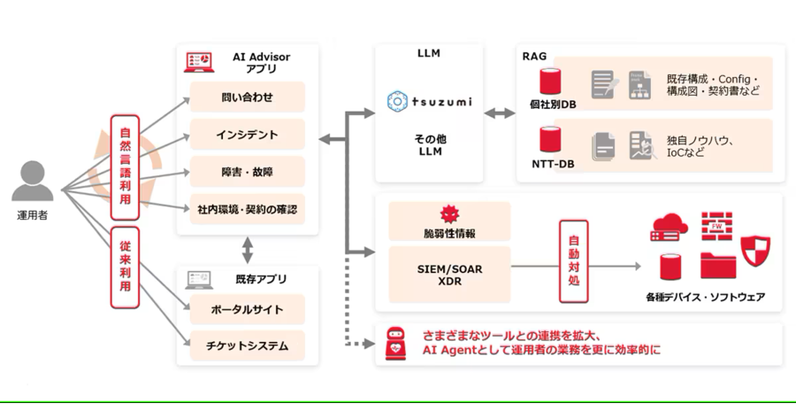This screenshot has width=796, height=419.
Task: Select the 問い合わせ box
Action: click(x=248, y=97)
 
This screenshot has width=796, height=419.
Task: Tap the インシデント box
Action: click(x=248, y=135)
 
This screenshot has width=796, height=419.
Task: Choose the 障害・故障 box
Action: click(x=248, y=172)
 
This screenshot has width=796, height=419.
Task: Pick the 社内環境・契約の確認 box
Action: click(x=248, y=209)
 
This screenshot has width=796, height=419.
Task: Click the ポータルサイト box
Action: click(x=248, y=309)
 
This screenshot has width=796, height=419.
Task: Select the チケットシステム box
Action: click(x=248, y=345)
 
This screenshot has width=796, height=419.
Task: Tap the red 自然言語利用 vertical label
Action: click(x=125, y=167)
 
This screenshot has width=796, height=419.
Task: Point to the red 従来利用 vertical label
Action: click(x=125, y=267)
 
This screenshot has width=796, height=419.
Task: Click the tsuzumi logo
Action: click(x=430, y=102)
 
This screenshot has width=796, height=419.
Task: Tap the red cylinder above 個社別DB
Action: click(x=550, y=81)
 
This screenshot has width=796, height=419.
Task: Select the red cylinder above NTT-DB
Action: click(x=550, y=140)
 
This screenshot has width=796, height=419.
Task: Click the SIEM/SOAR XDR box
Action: click(x=450, y=275)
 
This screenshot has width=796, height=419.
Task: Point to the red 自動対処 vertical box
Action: click(x=574, y=261)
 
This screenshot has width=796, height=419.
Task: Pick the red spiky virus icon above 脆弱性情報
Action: click(x=450, y=214)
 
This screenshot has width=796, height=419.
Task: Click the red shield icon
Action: click(x=755, y=251)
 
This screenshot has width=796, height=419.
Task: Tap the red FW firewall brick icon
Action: click(x=716, y=226)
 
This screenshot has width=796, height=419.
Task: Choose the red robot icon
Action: click(x=396, y=344)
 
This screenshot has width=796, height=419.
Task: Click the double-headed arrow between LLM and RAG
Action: click(x=500, y=113)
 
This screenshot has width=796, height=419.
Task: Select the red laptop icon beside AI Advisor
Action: click(x=199, y=62)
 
